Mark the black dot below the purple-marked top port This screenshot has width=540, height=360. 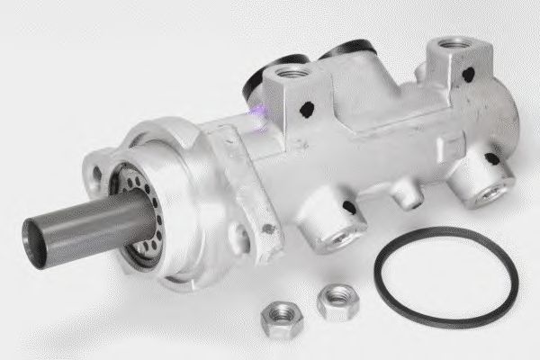point(307,110)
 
